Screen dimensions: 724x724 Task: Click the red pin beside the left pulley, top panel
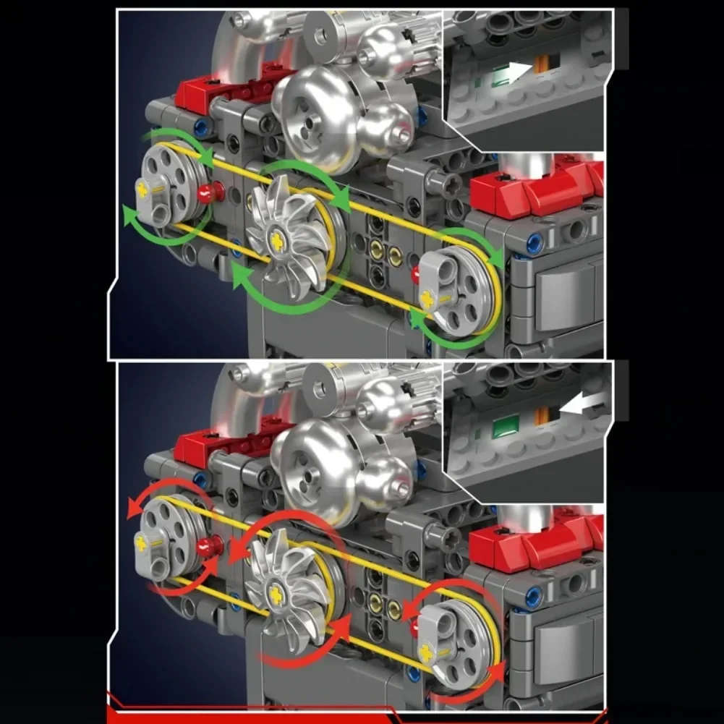[x=209, y=192]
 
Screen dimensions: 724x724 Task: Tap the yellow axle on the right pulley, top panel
[x=428, y=297]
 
